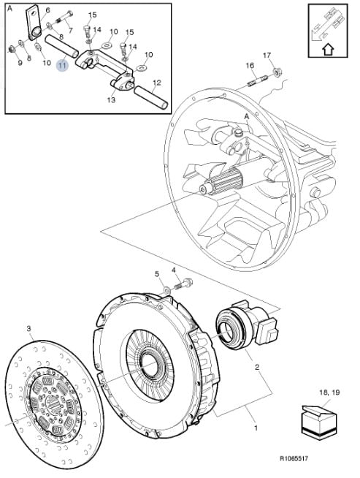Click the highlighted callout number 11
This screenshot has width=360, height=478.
(63, 65)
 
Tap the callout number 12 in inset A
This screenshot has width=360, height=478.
(157, 83)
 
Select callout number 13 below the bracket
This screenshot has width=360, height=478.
(111, 99)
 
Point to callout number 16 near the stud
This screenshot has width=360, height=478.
(250, 65)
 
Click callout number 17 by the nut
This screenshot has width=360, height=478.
(267, 55)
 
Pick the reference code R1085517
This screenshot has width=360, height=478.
(294, 458)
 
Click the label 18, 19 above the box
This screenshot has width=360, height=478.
(329, 392)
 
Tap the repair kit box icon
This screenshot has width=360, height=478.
(319, 422)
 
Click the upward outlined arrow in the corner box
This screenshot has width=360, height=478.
(328, 49)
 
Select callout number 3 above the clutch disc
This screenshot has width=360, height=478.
(29, 329)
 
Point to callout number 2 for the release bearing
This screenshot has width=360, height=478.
(257, 367)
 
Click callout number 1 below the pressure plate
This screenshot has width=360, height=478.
(256, 428)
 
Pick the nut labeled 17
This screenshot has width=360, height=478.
(277, 72)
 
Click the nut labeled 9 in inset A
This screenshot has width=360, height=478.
(12, 48)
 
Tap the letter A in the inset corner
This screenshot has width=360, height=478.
(9, 9)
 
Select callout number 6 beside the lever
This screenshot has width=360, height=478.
(47, 10)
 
